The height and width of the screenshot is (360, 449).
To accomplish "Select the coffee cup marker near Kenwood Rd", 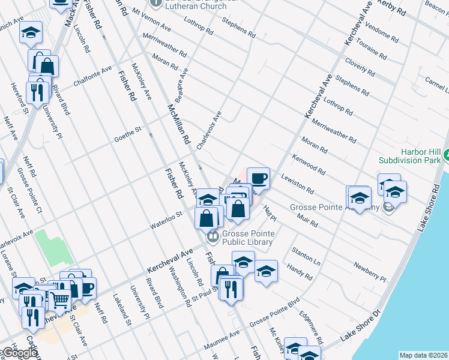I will pyautogui.click(x=258, y=178).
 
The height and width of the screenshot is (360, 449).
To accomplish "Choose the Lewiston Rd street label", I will pyautogui.click(x=298, y=183).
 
